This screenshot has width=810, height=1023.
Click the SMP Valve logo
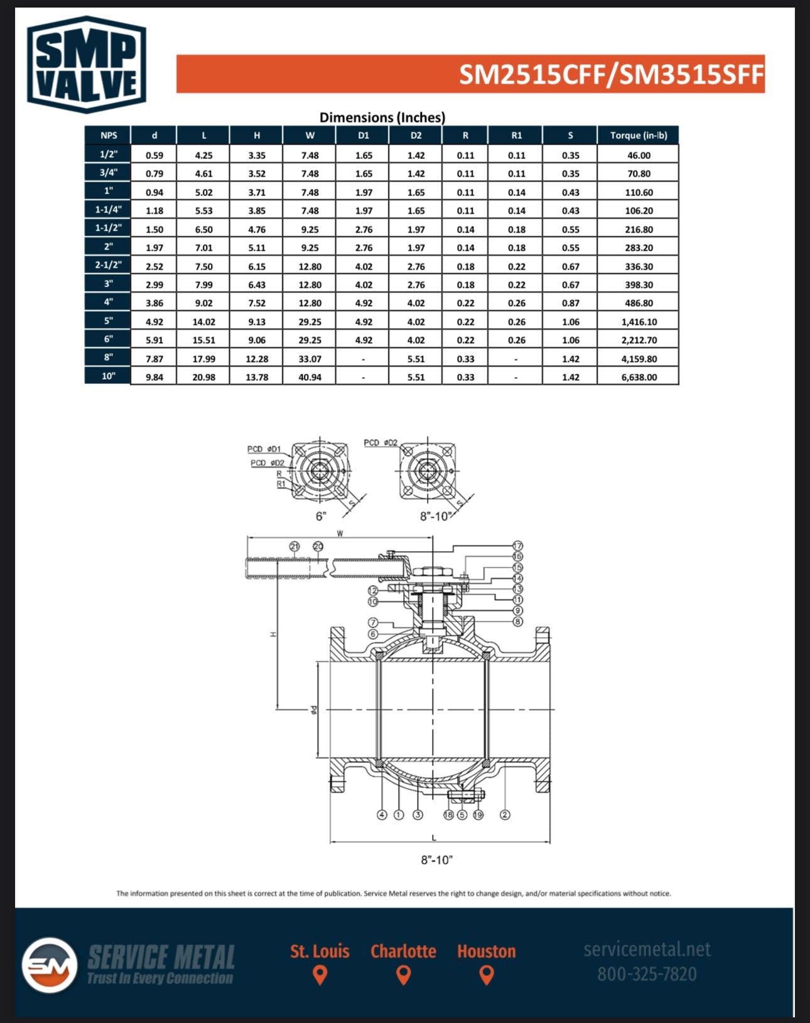(87, 65)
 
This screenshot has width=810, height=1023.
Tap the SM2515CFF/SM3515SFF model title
(611, 74)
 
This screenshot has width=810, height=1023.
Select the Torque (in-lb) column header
(639, 136)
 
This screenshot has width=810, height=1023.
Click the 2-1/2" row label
(109, 265)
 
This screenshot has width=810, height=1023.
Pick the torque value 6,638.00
(639, 377)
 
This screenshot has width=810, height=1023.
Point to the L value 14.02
(204, 322)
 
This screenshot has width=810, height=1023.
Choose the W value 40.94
(310, 377)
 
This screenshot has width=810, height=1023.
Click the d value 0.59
(154, 155)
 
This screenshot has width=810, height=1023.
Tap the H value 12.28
(257, 359)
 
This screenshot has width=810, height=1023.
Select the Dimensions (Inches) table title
(382, 117)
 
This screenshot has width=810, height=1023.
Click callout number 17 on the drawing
(517, 546)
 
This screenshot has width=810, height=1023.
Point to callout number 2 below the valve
(505, 814)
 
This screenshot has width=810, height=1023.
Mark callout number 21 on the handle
(294, 546)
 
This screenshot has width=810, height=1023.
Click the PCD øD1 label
(264, 449)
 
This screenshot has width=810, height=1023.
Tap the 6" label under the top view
(321, 517)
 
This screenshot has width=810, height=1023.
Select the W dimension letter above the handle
(340, 534)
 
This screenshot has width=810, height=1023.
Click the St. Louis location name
(320, 951)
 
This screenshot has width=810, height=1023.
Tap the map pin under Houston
(487, 975)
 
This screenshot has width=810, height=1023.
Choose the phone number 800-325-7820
(647, 974)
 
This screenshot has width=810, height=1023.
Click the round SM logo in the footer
(50, 965)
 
